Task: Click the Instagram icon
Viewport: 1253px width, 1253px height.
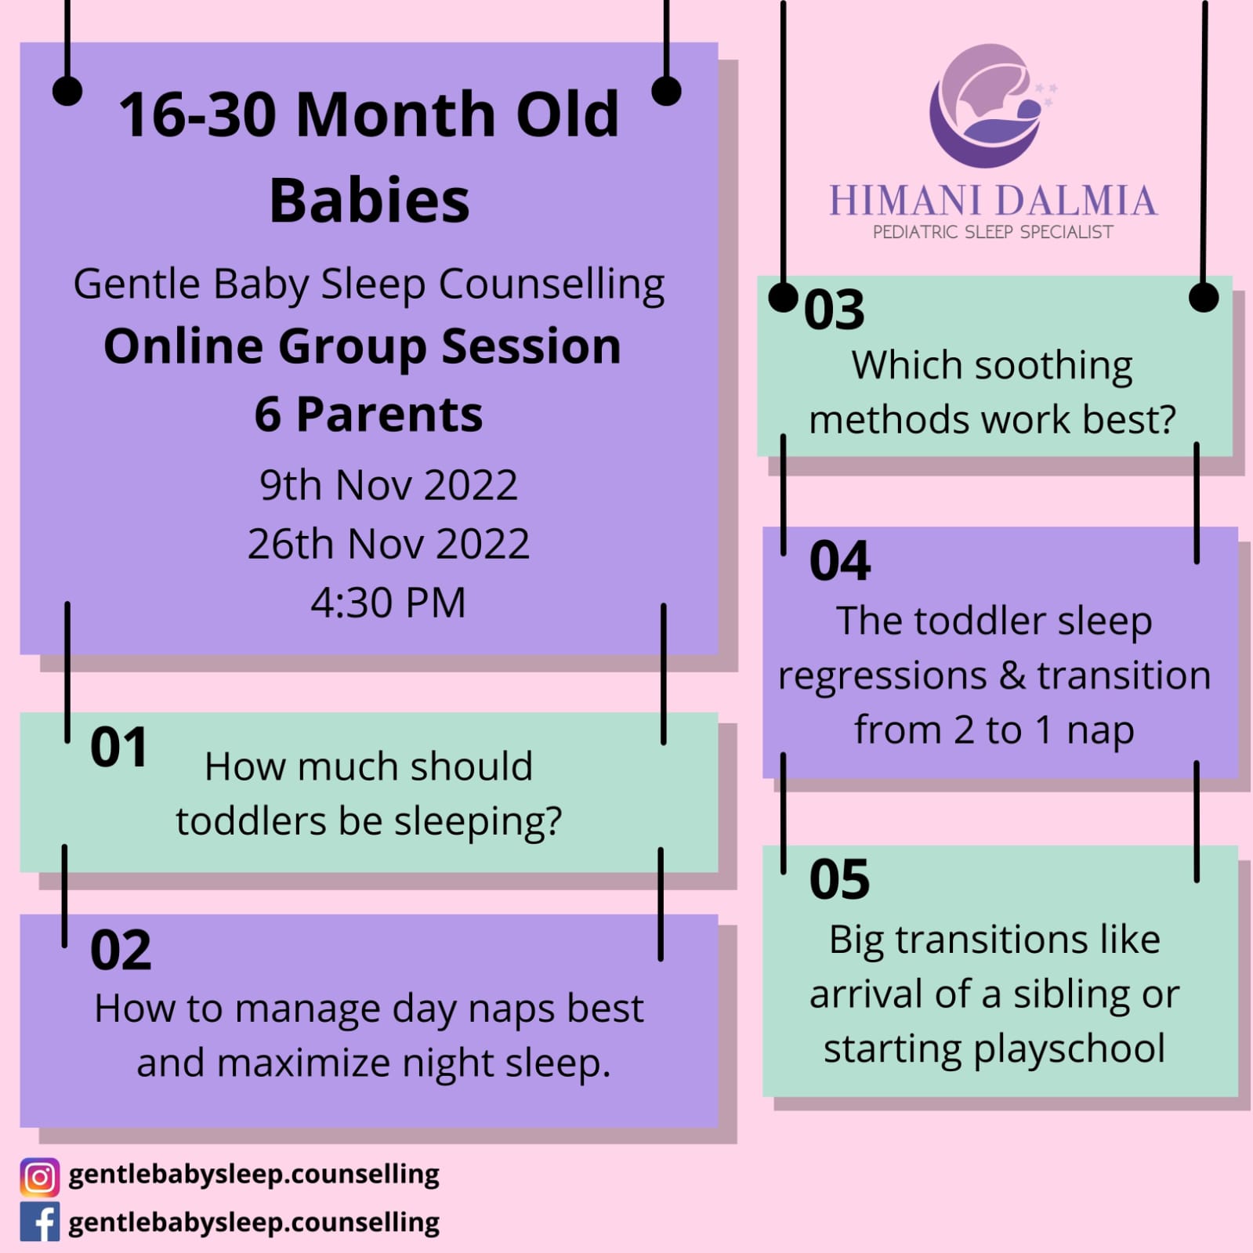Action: (39, 1177)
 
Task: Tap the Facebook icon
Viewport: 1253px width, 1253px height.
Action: (39, 1222)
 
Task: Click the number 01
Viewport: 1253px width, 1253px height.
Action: (119, 748)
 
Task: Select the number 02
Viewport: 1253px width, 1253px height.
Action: (121, 951)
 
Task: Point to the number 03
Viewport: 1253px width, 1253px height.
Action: (835, 310)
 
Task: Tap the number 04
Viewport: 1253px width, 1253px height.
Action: (840, 561)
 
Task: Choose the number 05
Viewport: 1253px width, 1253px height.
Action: (839, 879)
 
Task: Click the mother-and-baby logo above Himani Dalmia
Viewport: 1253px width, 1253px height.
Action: (991, 106)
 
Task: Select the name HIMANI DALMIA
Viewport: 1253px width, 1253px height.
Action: (993, 201)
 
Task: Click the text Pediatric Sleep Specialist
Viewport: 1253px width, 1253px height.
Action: (993, 232)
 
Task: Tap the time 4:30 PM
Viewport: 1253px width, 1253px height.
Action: (388, 603)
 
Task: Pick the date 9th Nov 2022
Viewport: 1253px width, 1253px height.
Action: (389, 485)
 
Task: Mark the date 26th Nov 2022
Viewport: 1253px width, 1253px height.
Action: (389, 544)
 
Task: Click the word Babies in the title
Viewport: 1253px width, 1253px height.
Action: (369, 200)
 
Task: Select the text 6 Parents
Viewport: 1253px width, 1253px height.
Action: (368, 415)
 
